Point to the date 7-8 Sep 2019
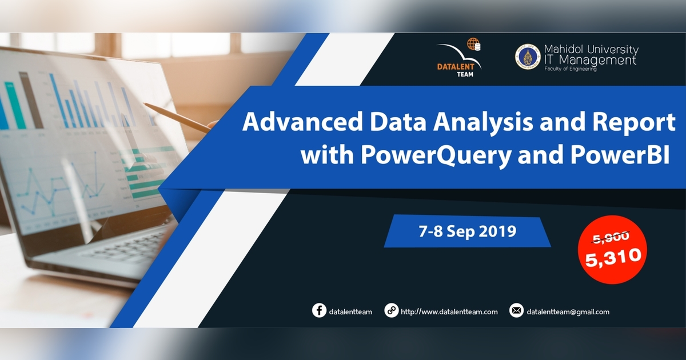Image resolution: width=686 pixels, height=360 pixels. point(467,231)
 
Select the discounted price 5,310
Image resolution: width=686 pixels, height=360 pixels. point(613,257)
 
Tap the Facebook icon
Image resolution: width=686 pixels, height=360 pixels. point(319,311)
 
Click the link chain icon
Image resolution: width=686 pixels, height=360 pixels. point(391,311)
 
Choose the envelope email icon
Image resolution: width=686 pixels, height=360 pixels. point(516,311)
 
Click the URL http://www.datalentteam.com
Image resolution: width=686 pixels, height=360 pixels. point(449,312)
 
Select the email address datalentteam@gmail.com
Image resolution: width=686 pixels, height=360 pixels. point(568,312)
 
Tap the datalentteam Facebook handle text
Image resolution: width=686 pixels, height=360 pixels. point(351,312)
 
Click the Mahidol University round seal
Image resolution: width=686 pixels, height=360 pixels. point(527,57)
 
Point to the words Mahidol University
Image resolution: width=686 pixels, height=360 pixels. point(591,50)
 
